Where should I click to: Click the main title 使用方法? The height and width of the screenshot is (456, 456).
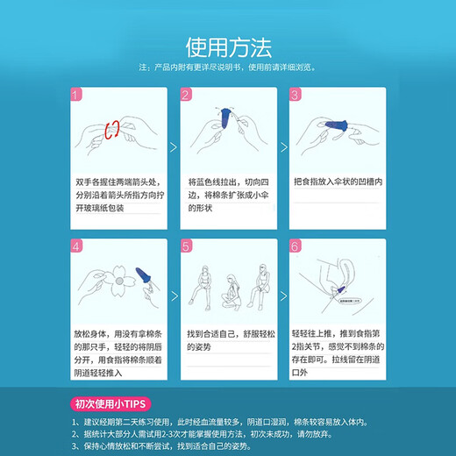(x=227, y=45)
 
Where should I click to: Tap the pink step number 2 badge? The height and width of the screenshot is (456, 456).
(x=185, y=95)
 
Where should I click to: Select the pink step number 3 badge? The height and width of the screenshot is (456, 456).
(x=295, y=95)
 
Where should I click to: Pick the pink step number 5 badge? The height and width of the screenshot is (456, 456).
(x=185, y=247)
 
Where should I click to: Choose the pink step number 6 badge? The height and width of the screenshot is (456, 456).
(x=295, y=247)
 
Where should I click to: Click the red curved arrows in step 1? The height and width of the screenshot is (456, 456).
(x=112, y=132)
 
